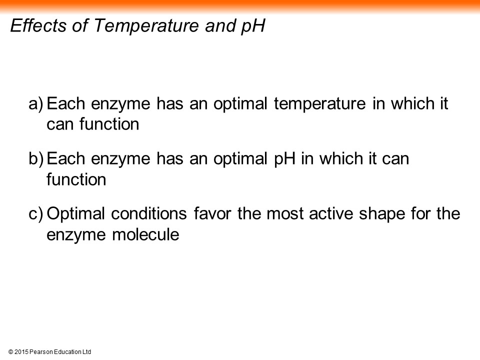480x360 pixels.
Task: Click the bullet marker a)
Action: pos(36,104)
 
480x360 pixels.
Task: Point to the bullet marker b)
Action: pos(36,159)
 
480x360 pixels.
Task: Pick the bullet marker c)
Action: pos(36,214)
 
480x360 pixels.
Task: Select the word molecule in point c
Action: pos(145,235)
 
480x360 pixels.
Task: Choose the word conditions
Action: pos(149,213)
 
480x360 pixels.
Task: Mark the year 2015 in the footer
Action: pos(21,352)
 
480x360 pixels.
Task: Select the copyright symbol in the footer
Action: pos(10,352)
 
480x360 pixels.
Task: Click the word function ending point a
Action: pos(109,124)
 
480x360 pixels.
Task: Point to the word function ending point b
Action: pos(76,179)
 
